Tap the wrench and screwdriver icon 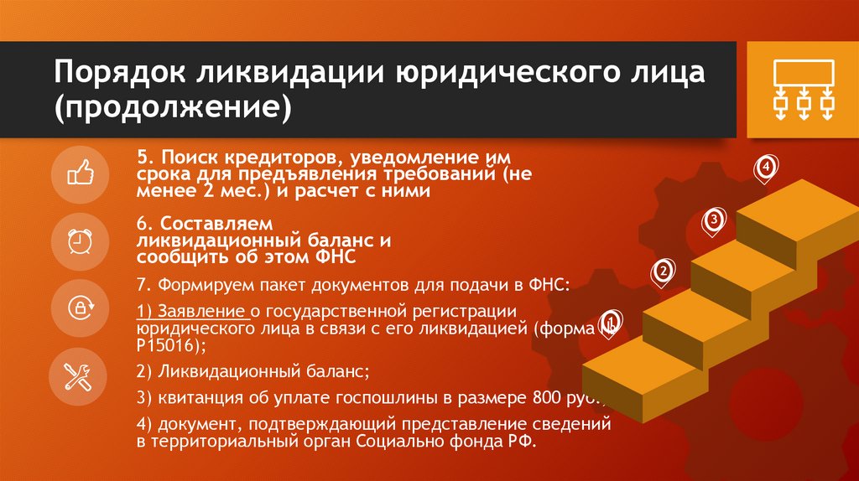[x=81, y=374]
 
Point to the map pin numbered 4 [x=765, y=168]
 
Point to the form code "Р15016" [x=167, y=345]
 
